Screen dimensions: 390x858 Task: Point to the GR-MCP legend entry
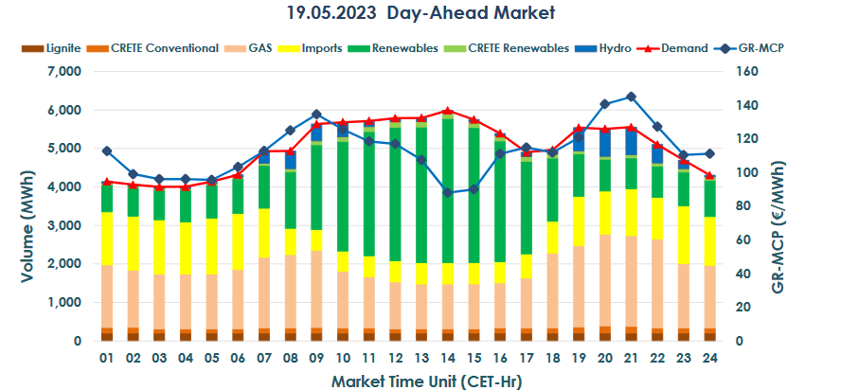[753, 47]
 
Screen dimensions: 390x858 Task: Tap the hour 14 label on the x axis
[448, 359]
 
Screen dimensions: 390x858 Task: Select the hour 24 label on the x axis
[709, 359]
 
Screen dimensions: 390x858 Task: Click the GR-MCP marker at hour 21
[631, 97]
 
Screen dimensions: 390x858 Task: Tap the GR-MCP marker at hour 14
[448, 192]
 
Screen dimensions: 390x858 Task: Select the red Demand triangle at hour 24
[709, 175]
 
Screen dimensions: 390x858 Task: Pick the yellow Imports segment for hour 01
[107, 239]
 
